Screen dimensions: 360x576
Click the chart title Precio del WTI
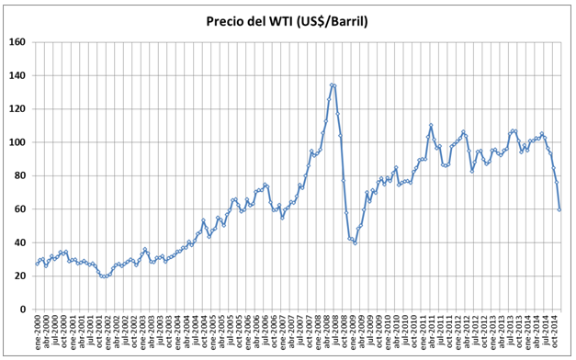[x=288, y=21]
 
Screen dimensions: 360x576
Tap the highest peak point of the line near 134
[x=332, y=84]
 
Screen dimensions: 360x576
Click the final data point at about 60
[x=559, y=210]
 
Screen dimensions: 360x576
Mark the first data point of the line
[x=37, y=264]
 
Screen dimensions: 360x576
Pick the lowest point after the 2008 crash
[x=356, y=242]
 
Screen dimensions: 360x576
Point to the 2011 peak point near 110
[x=431, y=125]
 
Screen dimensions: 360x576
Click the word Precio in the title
[x=231, y=21]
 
